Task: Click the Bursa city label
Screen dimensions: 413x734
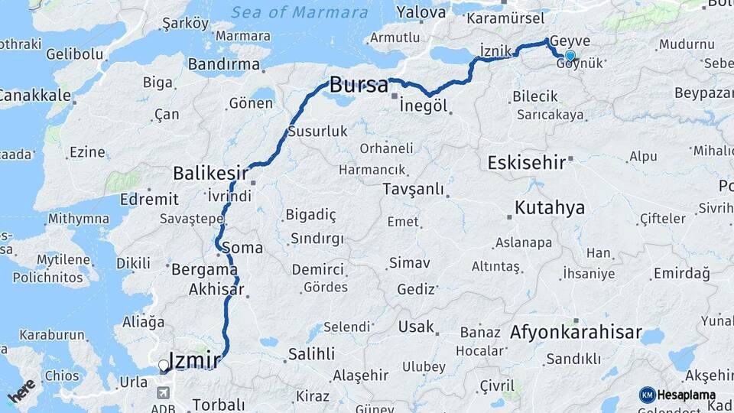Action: tap(359, 86)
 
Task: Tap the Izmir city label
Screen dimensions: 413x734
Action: tap(194, 360)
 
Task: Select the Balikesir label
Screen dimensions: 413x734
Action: tap(211, 173)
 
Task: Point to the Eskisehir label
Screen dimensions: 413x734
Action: tap(527, 162)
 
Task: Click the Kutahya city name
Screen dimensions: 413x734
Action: tap(550, 207)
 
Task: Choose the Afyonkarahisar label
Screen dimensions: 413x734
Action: tap(564, 333)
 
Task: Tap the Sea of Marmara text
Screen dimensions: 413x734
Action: tap(299, 12)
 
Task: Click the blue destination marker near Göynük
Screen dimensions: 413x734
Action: tap(570, 56)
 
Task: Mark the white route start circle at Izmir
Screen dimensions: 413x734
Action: tap(163, 366)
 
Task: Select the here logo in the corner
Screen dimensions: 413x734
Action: tap(21, 391)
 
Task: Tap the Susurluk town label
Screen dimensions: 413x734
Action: tap(317, 132)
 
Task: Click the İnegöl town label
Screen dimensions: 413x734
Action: tap(423, 106)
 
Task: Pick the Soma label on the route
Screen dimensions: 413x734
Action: tap(242, 248)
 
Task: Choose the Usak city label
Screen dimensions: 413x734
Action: tap(416, 327)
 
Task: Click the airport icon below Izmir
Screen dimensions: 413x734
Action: tap(163, 392)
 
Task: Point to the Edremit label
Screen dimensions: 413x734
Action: tap(154, 200)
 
